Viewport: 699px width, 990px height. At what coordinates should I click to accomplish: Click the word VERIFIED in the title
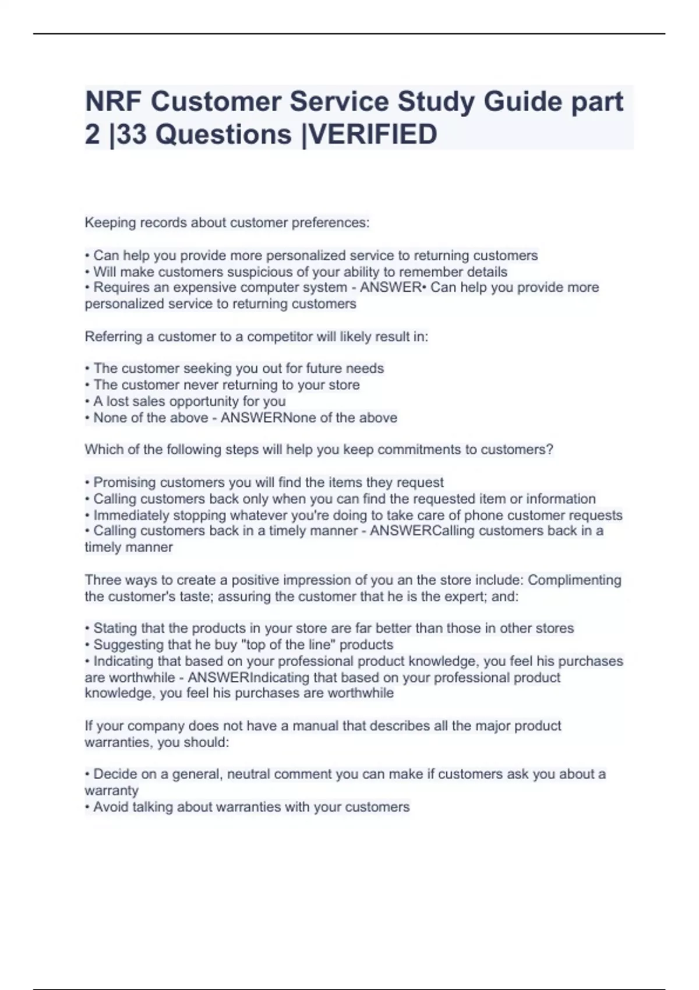coord(373,135)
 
